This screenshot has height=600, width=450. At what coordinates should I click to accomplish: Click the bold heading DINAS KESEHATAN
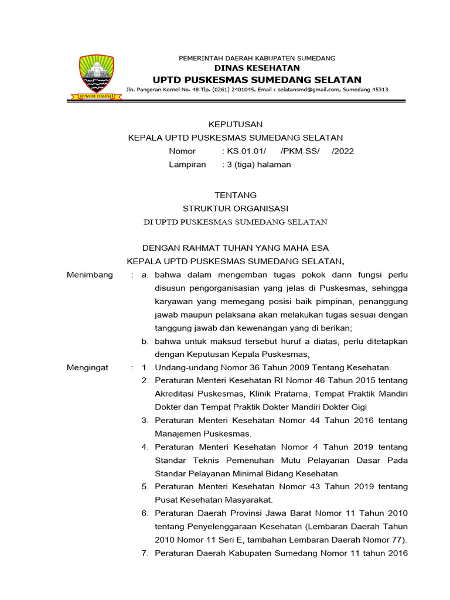[x=257, y=69]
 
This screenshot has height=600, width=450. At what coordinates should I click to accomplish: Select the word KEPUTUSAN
[x=236, y=124]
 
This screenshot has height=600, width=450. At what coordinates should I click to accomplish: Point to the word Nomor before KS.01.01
[x=182, y=151]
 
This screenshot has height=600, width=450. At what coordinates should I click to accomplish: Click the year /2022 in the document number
[x=342, y=151]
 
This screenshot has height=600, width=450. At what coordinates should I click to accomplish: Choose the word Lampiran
[x=187, y=165]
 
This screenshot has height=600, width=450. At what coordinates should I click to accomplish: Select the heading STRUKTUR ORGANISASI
[x=236, y=209]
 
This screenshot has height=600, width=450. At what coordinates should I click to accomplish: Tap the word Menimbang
[x=90, y=275]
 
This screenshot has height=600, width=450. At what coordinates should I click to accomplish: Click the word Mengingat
[x=89, y=367]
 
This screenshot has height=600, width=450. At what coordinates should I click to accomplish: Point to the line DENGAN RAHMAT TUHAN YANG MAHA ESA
[x=236, y=248]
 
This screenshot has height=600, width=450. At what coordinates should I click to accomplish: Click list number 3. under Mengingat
[x=145, y=421]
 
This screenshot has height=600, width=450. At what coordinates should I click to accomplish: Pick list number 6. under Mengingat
[x=145, y=513]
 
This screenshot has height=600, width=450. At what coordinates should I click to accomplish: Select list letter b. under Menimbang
[x=145, y=341]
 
